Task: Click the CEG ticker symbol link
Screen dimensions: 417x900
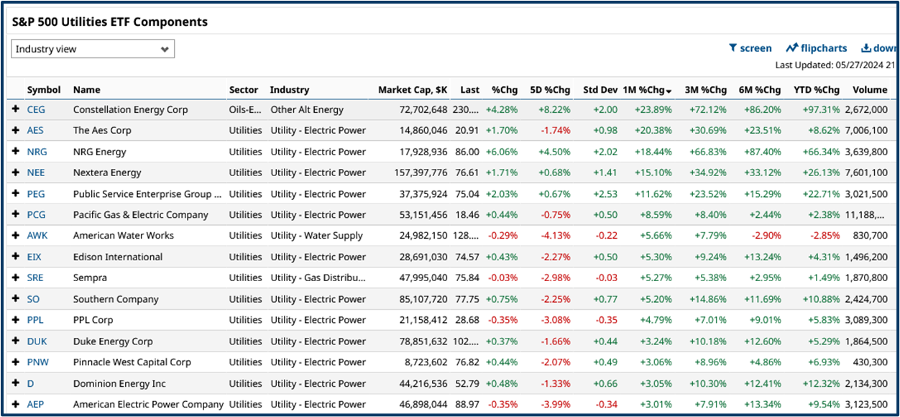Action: click(36, 110)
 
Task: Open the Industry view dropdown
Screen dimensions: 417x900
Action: click(93, 49)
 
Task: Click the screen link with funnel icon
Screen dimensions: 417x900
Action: click(750, 48)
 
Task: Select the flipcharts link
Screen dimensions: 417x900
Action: click(816, 48)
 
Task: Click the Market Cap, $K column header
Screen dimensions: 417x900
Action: click(413, 90)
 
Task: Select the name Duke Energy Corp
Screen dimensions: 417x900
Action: click(112, 342)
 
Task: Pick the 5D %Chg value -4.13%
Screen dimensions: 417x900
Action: click(555, 236)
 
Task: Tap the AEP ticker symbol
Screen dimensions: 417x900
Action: click(35, 404)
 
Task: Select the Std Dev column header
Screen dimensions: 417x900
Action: click(600, 90)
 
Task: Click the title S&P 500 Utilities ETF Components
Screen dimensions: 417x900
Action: click(110, 22)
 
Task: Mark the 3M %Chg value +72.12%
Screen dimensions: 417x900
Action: click(705, 110)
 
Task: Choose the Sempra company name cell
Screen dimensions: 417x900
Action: click(90, 278)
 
